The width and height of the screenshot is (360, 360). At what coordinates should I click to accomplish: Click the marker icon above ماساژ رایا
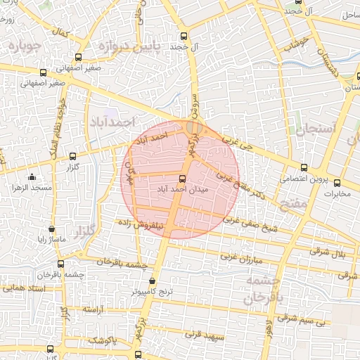(x=51, y=229)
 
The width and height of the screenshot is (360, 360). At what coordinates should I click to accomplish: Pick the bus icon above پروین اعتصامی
(x=304, y=167)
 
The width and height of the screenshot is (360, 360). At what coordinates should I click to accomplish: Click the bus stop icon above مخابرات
(x=337, y=182)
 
